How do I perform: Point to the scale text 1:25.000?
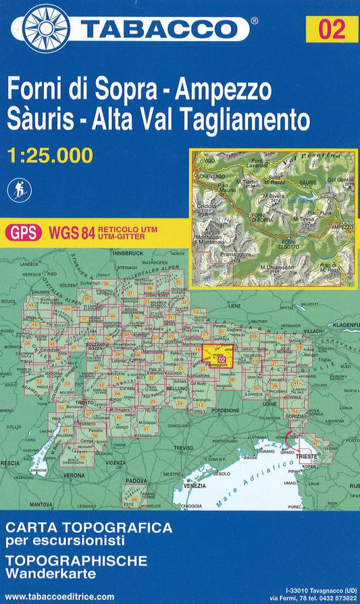coord(51,155)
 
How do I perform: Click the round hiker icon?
coord(20,189)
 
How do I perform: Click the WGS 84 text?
coord(71,233)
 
